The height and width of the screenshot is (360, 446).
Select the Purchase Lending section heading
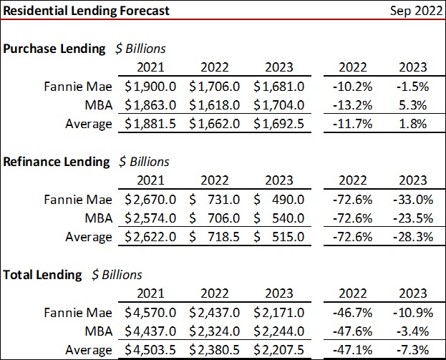(56, 49)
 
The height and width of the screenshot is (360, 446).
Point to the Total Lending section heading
(44, 274)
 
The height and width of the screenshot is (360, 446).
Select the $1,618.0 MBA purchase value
(215, 105)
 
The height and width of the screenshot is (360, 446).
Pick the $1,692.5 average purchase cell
(280, 124)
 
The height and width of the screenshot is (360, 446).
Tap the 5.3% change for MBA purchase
(413, 105)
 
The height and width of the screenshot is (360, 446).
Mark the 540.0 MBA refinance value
(286, 218)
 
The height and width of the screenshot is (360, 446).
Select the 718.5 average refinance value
(221, 236)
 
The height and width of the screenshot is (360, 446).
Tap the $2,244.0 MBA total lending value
(280, 331)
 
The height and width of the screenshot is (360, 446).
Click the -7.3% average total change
(413, 350)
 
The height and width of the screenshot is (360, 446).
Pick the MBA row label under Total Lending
(98, 331)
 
